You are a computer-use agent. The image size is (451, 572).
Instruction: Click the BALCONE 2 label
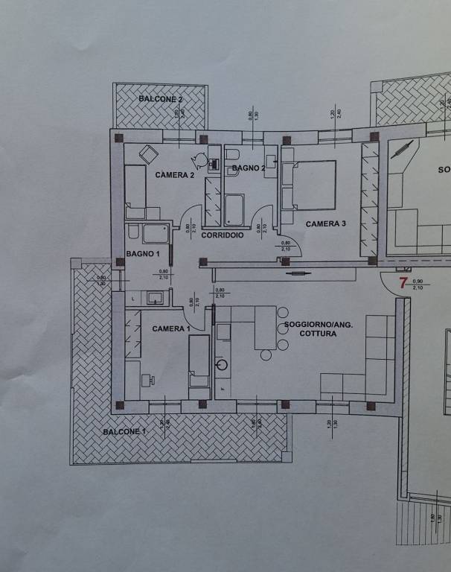(161, 98)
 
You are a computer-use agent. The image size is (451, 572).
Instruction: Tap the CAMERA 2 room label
(175, 175)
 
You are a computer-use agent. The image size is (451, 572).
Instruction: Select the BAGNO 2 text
(249, 169)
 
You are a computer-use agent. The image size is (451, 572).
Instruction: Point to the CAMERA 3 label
(326, 223)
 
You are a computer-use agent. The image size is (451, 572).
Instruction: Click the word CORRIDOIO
(223, 235)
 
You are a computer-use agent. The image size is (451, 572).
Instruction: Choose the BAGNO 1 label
(144, 254)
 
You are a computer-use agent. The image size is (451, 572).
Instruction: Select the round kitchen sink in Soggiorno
(221, 365)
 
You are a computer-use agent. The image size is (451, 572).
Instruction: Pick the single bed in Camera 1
(199, 361)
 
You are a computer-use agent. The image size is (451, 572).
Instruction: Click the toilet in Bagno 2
(231, 155)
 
